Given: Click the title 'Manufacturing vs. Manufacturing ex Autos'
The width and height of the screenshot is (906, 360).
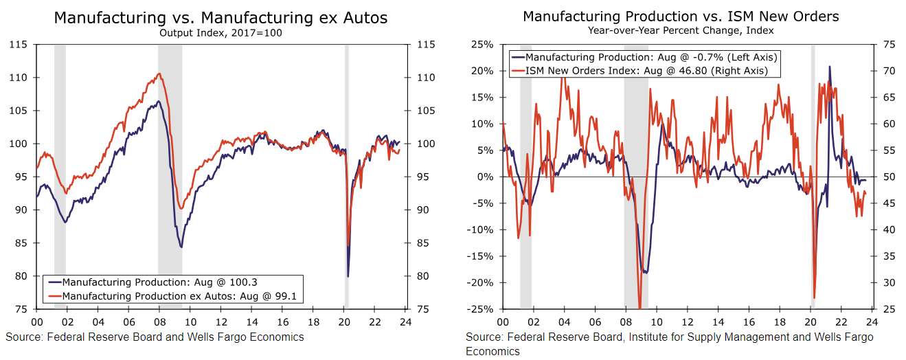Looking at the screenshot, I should click(x=220, y=18).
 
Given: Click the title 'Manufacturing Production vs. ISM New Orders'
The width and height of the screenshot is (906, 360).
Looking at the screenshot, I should click(x=681, y=16).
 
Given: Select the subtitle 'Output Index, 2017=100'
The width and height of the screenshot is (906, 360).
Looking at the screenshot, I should click(x=220, y=32).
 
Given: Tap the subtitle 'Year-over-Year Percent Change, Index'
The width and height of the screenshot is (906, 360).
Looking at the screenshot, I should click(x=681, y=30).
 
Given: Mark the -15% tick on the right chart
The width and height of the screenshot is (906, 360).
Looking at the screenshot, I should click(x=480, y=256).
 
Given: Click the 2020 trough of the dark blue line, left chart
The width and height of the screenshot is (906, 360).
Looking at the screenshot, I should click(x=348, y=276).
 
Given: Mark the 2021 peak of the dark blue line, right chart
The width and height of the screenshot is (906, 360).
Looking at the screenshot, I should click(x=830, y=67).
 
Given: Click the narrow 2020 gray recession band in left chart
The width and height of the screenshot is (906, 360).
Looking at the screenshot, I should click(x=347, y=172).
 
